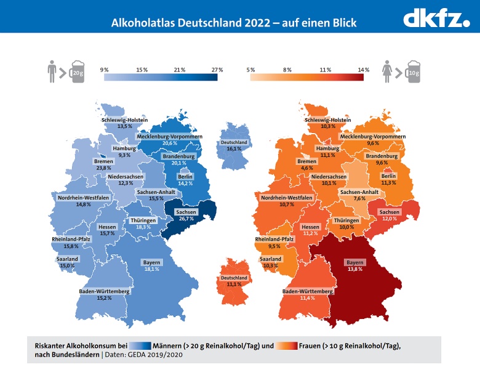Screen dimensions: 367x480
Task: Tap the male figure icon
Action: tap(52, 71)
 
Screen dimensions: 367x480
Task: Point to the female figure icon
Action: tap(388, 71)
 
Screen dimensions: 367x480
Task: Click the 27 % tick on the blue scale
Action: tap(217, 70)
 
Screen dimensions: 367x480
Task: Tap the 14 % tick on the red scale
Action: tap(363, 70)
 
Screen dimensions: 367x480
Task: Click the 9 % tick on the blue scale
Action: tap(104, 70)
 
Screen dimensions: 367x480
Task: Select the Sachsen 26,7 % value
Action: tap(185, 218)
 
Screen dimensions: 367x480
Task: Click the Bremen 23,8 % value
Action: tap(103, 167)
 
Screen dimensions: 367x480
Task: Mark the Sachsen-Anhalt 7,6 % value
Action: tap(359, 199)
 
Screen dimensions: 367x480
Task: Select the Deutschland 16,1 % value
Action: tap(233, 148)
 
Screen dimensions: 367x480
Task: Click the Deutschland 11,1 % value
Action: tap(233, 284)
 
